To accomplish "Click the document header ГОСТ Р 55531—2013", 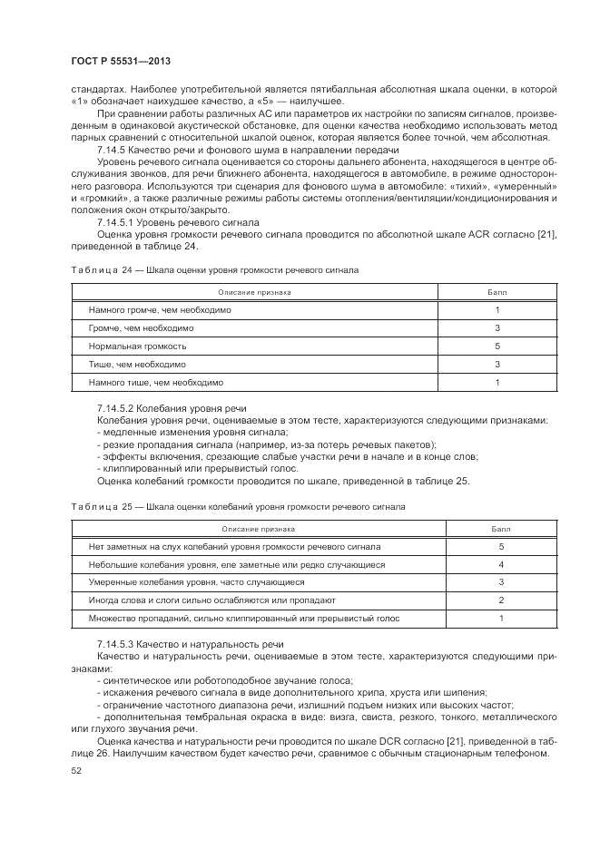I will click(x=120, y=60).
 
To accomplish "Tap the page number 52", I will click(x=75, y=770).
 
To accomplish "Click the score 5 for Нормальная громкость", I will click(x=497, y=346).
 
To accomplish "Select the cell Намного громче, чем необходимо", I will click(x=160, y=310).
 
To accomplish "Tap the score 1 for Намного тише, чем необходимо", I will click(x=497, y=383).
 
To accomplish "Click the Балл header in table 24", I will click(x=497, y=292).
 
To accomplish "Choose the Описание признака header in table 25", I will click(x=255, y=529).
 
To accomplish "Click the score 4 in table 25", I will click(x=501, y=564).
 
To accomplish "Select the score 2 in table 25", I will click(x=501, y=600).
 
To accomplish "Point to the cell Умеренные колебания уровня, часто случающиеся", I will click(x=190, y=582).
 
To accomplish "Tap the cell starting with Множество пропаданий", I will click(x=244, y=619).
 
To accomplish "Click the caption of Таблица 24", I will click(x=214, y=270).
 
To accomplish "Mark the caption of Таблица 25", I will click(x=238, y=505).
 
